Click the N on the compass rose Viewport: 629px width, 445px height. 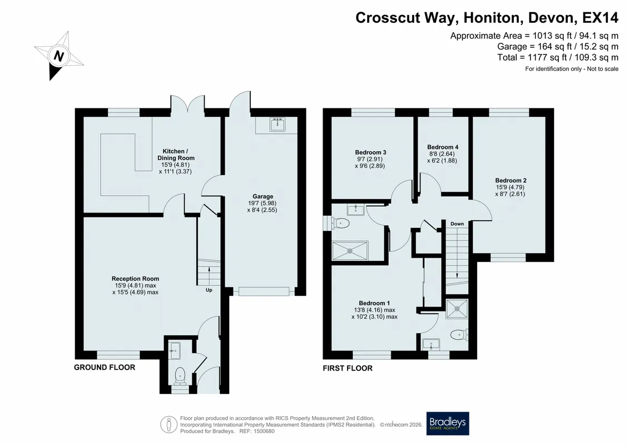tap(59, 56)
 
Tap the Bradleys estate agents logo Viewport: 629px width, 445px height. tap(447, 423)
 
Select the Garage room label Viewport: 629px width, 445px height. tap(263, 196)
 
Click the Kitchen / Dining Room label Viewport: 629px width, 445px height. tap(175, 155)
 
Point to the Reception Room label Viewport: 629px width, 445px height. tap(135, 279)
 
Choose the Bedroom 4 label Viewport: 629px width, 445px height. tap(443, 147)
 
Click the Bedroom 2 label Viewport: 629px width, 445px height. tap(511, 181)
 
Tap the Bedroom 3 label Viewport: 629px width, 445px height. tap(370, 152)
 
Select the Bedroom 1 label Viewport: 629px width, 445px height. tap(374, 303)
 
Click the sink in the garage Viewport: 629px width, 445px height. tap(277, 125)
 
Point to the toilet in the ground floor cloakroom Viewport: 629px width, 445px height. tap(180, 375)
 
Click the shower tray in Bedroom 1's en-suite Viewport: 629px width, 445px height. tap(457, 308)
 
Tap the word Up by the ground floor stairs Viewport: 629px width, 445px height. tap(209, 290)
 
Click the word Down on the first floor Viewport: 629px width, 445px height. tap(457, 224)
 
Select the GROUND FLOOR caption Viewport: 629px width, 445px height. tap(105, 367)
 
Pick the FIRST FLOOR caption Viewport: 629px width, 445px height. tap(348, 368)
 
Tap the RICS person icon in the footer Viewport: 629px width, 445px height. tap(169, 424)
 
